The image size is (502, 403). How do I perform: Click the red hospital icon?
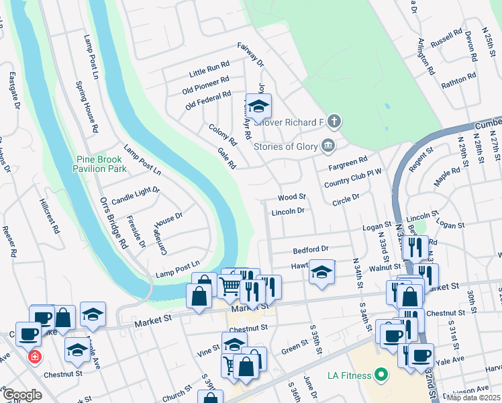34,357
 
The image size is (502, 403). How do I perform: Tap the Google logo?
22,395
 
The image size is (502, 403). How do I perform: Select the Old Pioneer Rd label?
206,87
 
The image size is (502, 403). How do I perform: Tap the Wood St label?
292,197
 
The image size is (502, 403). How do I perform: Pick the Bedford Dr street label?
310,249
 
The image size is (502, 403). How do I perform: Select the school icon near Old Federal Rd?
258,107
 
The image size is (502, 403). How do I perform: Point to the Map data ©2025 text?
474,398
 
